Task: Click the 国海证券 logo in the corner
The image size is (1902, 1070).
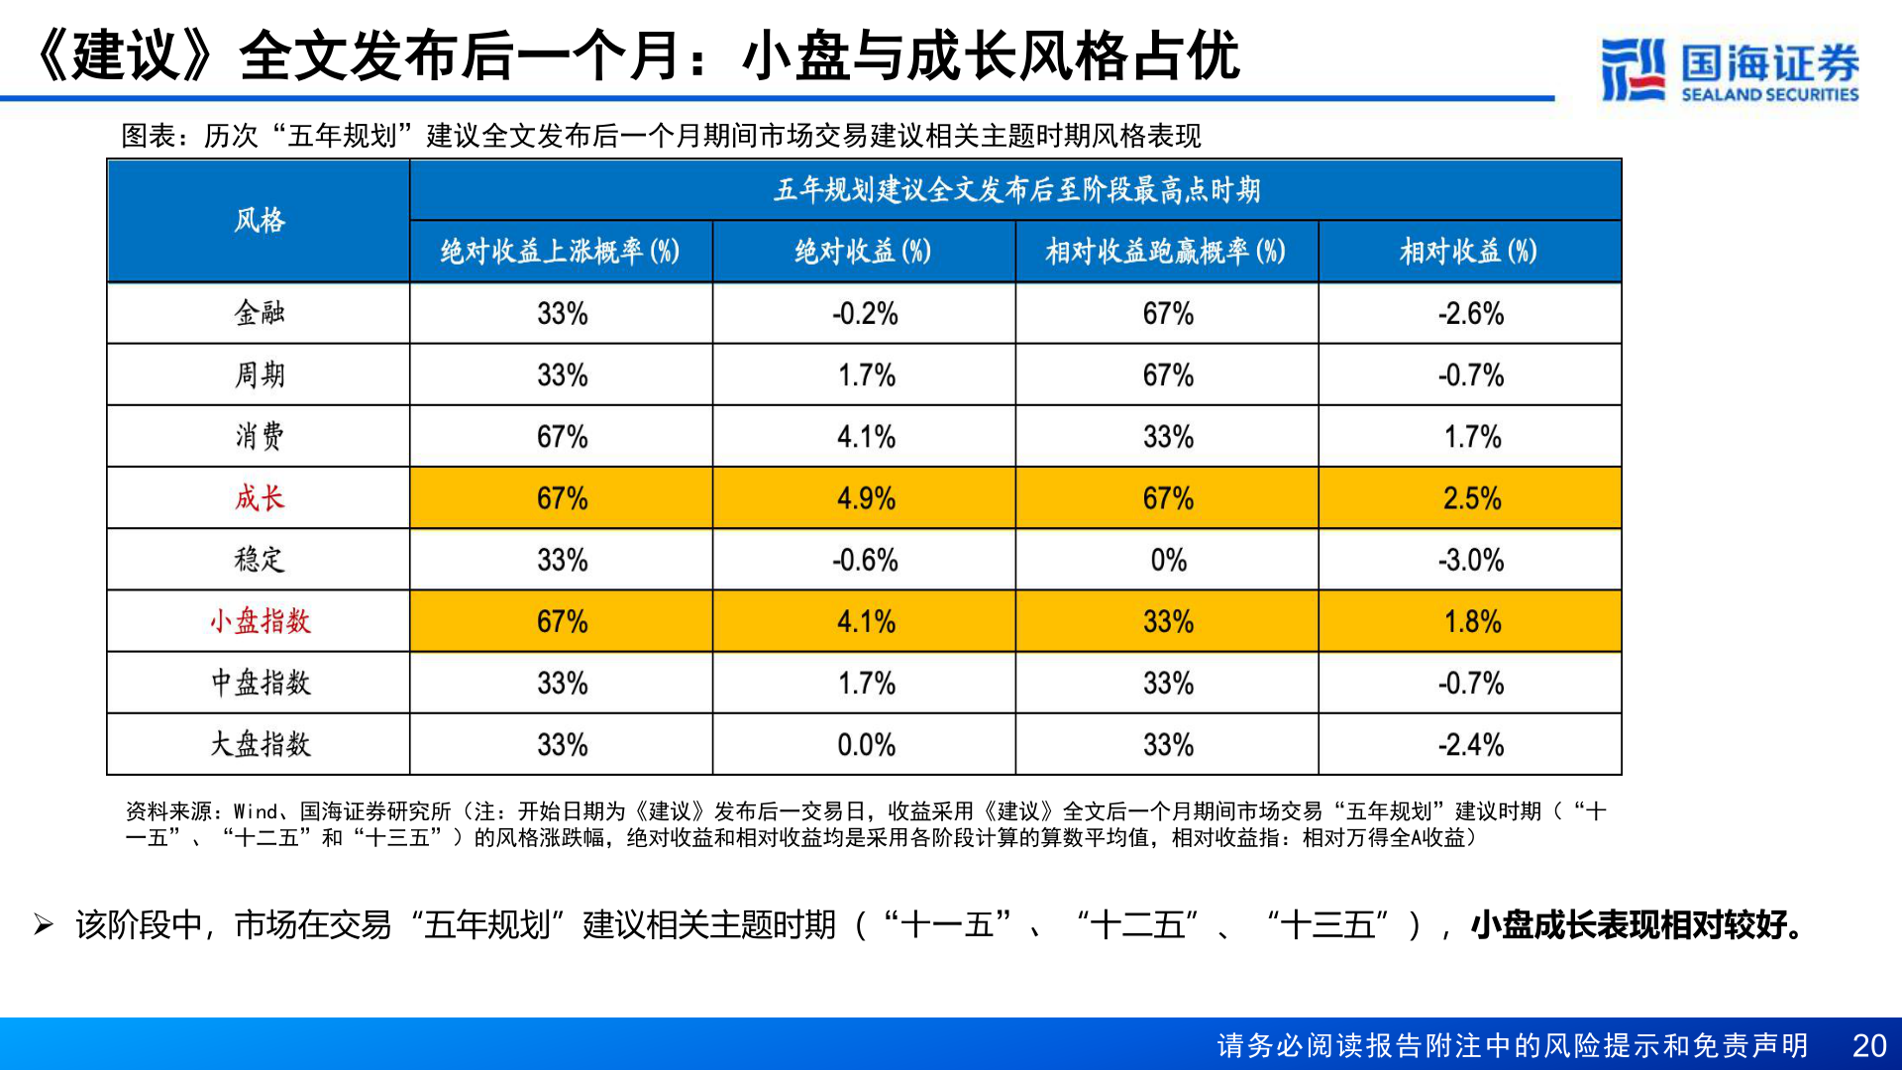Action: pos(1730,69)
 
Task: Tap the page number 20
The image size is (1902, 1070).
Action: pos(1869,1045)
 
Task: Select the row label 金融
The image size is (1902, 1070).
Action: pos(259,313)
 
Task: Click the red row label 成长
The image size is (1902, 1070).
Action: pos(259,497)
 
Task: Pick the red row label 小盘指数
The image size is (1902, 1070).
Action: pos(259,621)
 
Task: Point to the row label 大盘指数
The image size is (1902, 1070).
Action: pos(259,744)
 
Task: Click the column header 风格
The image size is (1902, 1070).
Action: pos(259,220)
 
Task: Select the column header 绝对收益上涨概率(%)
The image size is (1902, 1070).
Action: pos(561,252)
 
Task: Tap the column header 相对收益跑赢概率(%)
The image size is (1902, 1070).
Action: pos(1166,252)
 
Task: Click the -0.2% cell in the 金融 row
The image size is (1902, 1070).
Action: pos(865,313)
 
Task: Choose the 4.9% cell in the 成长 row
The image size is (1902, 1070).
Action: pos(865,497)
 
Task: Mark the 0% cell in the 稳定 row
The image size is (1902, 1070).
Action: pos(1168,560)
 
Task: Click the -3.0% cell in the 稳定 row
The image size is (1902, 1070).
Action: pos(1470,560)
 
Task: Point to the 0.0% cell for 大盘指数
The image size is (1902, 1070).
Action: pos(865,744)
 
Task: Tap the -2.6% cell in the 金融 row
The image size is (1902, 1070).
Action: pos(1470,313)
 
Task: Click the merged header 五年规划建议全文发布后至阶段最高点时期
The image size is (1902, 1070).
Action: pos(1016,189)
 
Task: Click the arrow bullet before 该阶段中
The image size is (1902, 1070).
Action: pos(44,925)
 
